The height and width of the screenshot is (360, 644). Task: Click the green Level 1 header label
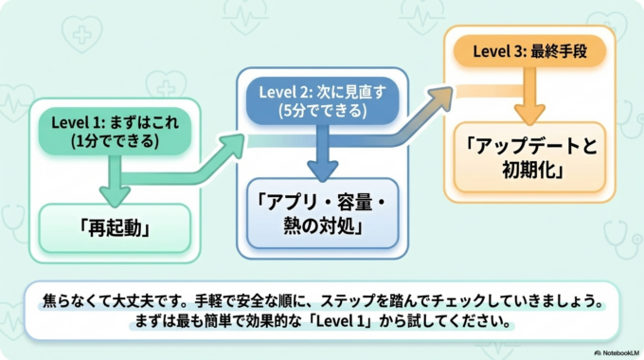click(x=114, y=132)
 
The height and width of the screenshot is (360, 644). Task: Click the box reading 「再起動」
click(x=115, y=228)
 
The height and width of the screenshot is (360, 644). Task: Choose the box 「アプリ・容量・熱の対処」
click(x=321, y=213)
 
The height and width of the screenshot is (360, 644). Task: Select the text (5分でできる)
click(x=321, y=110)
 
